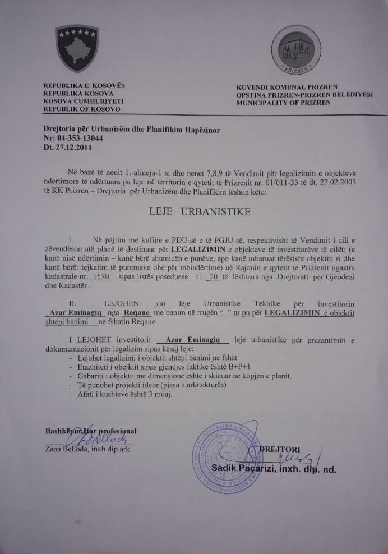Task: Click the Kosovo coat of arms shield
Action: coord(77,48)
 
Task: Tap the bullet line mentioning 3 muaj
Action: coord(123,394)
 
